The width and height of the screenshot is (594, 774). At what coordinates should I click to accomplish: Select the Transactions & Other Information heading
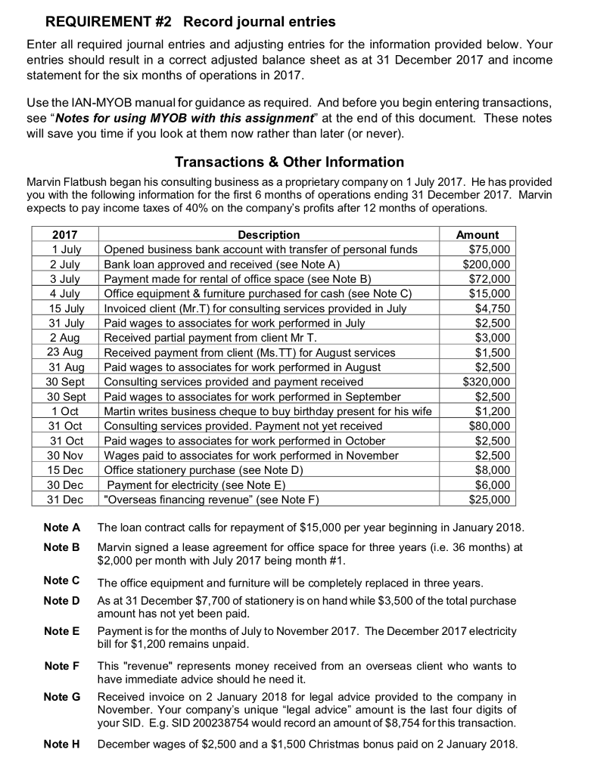click(x=289, y=162)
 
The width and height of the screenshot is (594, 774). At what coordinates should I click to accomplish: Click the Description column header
click(x=269, y=235)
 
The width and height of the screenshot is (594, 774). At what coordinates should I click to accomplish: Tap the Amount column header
click(x=478, y=235)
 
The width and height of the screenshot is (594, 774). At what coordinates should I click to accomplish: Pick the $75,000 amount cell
click(x=490, y=249)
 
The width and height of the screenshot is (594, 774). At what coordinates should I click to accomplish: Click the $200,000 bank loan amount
click(x=487, y=264)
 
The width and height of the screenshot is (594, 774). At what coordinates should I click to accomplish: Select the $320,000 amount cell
click(x=487, y=382)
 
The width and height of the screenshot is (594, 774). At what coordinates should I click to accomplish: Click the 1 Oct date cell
click(x=69, y=411)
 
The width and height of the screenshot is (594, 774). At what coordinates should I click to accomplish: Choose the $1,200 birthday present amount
click(x=493, y=411)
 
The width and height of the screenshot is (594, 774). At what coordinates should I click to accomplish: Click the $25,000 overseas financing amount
click(x=490, y=500)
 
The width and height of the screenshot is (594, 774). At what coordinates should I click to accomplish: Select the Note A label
click(x=62, y=527)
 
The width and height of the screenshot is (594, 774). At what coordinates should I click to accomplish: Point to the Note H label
click(x=62, y=744)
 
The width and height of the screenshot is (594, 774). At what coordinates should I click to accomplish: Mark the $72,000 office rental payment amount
click(x=490, y=279)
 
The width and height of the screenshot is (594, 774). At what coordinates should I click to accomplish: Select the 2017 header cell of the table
click(x=65, y=235)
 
